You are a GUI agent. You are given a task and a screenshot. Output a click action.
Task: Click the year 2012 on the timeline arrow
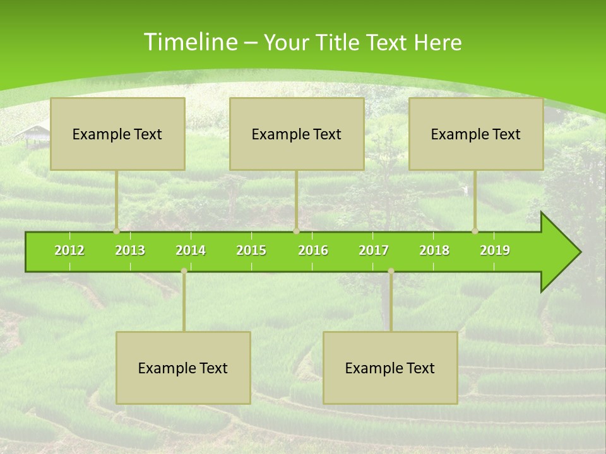tap(69, 250)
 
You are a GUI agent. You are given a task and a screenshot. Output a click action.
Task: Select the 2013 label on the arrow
tap(130, 250)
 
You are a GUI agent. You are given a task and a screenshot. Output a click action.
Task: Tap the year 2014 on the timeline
tap(191, 250)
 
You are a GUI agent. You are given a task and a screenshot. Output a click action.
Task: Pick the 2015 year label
tap(251, 250)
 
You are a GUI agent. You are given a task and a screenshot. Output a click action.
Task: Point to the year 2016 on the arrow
tap(313, 250)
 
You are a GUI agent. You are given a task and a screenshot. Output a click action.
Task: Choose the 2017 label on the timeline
tap(374, 250)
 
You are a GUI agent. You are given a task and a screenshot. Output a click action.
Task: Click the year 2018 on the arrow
tap(434, 250)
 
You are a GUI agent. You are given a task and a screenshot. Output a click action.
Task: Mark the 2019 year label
tap(495, 250)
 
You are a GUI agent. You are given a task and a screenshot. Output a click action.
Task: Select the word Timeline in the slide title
tap(189, 42)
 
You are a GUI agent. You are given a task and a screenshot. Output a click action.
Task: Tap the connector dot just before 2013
tap(117, 231)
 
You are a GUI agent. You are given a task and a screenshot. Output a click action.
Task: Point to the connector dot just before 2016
tap(296, 231)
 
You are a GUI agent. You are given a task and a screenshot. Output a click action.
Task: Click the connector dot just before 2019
tap(475, 231)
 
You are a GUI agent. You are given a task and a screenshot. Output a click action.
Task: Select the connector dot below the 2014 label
tap(184, 271)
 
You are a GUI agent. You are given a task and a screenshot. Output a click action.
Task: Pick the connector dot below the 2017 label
tap(391, 271)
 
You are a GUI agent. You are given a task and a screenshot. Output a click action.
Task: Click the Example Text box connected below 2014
tap(183, 368)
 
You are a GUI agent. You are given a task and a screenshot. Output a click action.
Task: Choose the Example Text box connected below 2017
tap(390, 368)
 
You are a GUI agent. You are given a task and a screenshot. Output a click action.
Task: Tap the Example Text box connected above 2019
tap(476, 134)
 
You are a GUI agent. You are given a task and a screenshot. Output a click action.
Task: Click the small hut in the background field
tap(33, 134)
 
